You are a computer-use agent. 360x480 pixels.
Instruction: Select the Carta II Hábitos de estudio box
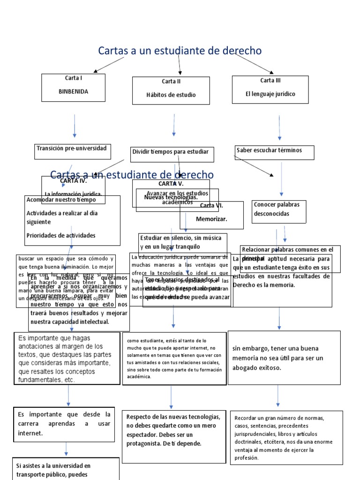[x=171, y=90]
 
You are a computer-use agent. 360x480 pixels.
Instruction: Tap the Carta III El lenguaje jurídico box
[x=270, y=89]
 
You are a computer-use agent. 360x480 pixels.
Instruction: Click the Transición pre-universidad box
[x=72, y=150]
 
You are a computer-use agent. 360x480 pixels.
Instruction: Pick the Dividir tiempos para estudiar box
[x=171, y=154]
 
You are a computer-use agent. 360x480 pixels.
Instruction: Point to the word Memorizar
[x=211, y=219]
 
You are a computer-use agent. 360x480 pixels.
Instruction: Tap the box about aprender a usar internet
[x=64, y=424]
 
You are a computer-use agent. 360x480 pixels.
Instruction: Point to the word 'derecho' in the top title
[x=237, y=51]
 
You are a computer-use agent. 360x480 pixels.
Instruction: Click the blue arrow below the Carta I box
[x=75, y=125]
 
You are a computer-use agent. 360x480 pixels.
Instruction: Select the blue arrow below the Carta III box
[x=279, y=127]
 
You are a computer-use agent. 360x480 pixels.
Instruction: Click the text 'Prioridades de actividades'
[x=61, y=235]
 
